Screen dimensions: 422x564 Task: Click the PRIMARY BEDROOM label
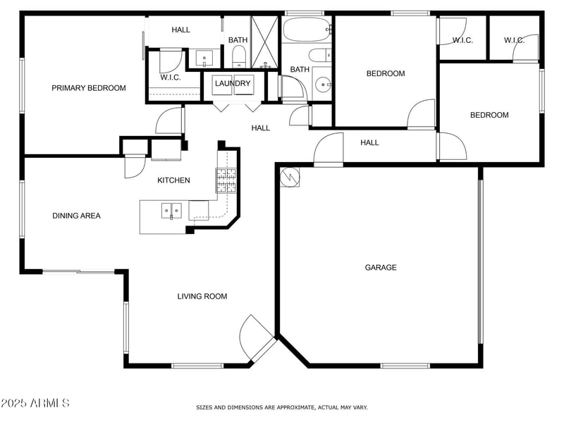pos(89,88)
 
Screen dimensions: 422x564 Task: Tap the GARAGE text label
pos(380,267)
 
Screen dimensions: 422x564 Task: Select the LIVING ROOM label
pos(202,297)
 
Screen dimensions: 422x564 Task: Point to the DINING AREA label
pos(76,216)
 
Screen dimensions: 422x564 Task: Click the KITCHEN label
pos(173,180)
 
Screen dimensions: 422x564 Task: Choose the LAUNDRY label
pos(233,83)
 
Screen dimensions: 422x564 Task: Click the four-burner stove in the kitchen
pos(226,180)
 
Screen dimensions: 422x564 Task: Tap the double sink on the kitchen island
pos(171,210)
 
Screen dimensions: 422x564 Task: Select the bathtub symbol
pos(307,30)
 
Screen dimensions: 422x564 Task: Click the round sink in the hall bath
pos(324,85)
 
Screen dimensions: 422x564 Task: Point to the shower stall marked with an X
pos(265,41)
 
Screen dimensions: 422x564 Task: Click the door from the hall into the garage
pos(328,150)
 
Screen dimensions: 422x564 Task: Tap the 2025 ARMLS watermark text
pos(35,404)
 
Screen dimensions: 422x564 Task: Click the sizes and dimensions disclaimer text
pos(281,407)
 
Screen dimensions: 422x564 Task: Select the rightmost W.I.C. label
pos(514,40)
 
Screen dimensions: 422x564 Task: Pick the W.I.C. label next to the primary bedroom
pos(170,77)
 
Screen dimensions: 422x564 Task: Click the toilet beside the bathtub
pos(319,55)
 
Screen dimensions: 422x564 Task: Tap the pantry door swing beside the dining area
pos(133,166)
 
